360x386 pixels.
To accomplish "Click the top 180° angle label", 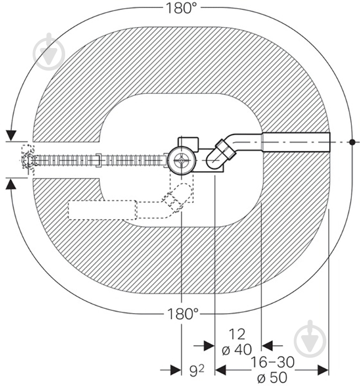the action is tap(182, 8).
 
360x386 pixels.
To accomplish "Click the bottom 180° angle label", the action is tap(183, 314).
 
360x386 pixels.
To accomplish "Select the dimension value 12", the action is tap(237, 334).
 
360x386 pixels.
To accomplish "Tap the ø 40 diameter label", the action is tap(237, 350).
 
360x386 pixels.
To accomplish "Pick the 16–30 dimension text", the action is tap(272, 362).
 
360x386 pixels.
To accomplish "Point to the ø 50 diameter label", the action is tap(272, 377).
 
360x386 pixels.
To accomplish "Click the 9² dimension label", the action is tap(197, 371).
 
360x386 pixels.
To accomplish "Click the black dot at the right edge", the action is tap(352, 142).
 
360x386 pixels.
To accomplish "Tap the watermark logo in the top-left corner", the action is tap(49, 51).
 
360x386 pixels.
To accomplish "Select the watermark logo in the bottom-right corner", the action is tap(310, 339).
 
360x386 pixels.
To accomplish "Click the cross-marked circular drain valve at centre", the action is tap(181, 161).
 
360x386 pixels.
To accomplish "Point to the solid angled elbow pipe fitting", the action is tap(221, 155).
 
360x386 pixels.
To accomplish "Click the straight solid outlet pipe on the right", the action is tap(297, 142).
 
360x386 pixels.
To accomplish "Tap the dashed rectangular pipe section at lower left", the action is tap(102, 210).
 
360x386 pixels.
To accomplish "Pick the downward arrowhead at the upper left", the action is tap(11, 135).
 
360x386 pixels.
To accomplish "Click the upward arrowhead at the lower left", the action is tap(11, 184).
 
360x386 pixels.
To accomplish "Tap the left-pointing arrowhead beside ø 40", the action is tap(267, 346).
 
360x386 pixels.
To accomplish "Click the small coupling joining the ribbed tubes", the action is tap(98, 160).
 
